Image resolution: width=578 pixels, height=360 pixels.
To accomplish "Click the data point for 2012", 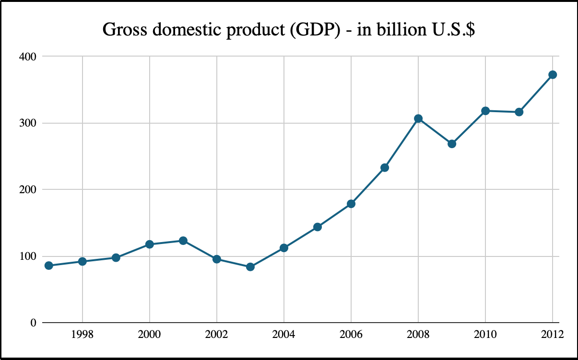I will tap(553, 75).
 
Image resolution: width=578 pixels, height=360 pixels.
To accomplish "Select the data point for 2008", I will tap(418, 118).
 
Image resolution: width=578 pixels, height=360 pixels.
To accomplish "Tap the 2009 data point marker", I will tap(452, 144).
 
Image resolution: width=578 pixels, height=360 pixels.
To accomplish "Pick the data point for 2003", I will tap(250, 267).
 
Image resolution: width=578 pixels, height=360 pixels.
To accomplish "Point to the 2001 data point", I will tap(183, 241).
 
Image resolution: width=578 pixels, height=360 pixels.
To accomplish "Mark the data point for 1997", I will tap(49, 266).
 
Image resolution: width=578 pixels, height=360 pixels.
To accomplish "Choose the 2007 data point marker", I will tap(385, 168).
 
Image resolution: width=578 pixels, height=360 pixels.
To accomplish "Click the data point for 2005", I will tap(318, 227).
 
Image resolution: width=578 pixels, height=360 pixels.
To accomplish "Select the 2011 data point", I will tap(519, 112).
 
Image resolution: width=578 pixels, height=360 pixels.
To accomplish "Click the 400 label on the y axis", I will tap(29, 57).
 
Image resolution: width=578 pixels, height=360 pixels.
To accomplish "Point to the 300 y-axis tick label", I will tap(29, 123).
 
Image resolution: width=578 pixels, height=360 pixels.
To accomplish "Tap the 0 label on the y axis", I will tap(33, 323).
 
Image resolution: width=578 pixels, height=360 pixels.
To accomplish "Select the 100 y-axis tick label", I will tap(29, 256).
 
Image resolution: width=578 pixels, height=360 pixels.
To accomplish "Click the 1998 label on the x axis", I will tap(83, 335).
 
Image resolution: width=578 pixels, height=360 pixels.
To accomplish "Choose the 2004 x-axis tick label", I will tap(284, 335).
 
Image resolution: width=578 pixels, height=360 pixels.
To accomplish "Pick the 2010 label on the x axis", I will tap(485, 335).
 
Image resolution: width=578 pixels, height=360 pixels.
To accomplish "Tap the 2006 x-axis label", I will tap(351, 335).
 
